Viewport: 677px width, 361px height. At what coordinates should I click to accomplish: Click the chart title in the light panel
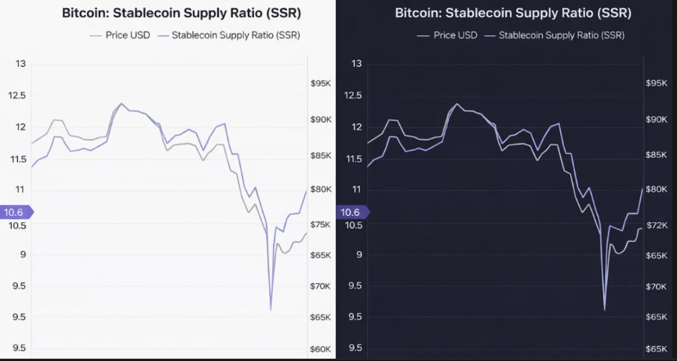pyautogui.click(x=181, y=13)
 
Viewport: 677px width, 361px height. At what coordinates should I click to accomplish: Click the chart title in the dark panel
pyautogui.click(x=513, y=13)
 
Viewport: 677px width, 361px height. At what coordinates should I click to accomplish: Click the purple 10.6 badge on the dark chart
pyautogui.click(x=351, y=212)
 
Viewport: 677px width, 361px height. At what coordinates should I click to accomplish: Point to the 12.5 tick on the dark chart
pyautogui.click(x=352, y=95)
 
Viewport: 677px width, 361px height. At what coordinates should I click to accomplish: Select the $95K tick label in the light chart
pyautogui.click(x=322, y=83)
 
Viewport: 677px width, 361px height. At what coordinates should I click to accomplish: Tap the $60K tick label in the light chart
pyautogui.click(x=322, y=349)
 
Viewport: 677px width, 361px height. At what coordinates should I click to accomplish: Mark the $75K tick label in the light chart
pyautogui.click(x=322, y=225)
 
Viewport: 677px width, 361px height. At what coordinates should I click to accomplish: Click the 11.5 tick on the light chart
pyautogui.click(x=17, y=159)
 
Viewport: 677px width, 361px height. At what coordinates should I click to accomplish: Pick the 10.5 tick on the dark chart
pyautogui.click(x=352, y=225)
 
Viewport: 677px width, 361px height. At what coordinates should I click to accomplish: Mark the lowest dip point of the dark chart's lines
pyautogui.click(x=604, y=310)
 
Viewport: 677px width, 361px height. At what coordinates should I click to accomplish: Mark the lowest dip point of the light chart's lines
pyautogui.click(x=271, y=310)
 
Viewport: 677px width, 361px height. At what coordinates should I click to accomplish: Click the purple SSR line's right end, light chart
pyautogui.click(x=307, y=190)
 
